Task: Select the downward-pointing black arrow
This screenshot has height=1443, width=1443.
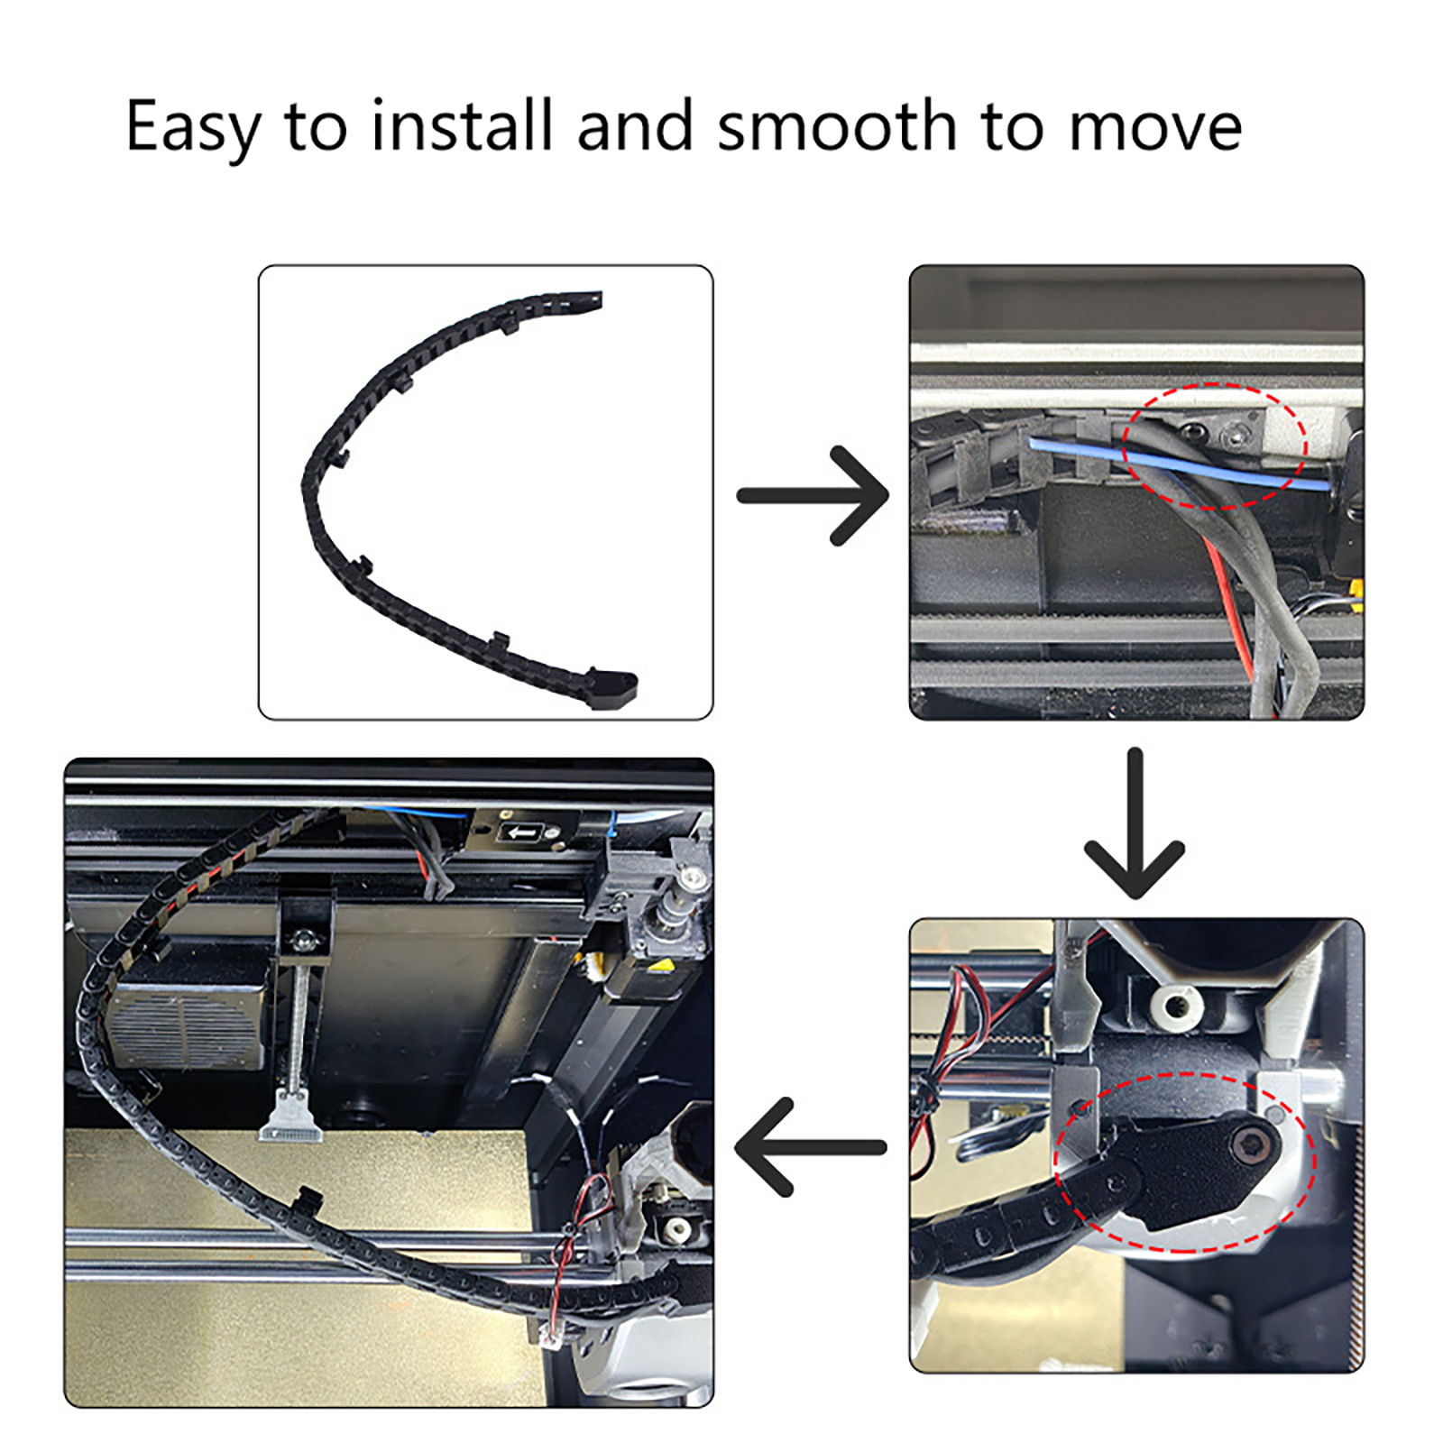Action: click(x=1135, y=823)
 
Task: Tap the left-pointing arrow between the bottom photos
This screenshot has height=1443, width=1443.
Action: click(x=811, y=1146)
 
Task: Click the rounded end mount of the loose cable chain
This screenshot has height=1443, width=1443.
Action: click(x=614, y=689)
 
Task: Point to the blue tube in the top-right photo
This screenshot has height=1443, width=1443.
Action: click(x=1177, y=464)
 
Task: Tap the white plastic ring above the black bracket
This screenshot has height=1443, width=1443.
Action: click(x=1177, y=1007)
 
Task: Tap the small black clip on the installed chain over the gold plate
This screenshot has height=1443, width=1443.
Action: click(x=308, y=1199)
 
